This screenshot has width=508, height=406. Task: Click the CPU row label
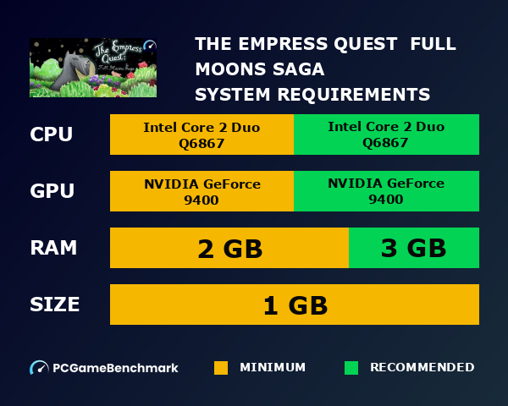[51, 134]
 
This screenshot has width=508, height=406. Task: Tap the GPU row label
[52, 191]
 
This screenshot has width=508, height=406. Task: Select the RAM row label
[53, 248]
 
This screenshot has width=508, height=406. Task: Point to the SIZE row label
[55, 304]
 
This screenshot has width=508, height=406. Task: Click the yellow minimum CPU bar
[202, 134]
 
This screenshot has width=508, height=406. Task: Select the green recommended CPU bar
[386, 134]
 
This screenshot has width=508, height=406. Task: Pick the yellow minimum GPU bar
[202, 191]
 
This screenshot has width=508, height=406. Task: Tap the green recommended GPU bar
[386, 191]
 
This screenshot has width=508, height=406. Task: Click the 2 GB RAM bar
[229, 248]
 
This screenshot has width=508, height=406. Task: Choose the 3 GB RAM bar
[414, 248]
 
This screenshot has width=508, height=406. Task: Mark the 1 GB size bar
[295, 304]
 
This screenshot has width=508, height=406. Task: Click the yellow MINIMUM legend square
[221, 368]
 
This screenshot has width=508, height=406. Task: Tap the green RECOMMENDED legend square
[351, 368]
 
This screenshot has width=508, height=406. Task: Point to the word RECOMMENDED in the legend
[422, 367]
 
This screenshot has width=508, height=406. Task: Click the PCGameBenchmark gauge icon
[39, 368]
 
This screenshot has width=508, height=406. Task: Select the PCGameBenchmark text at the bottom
[115, 368]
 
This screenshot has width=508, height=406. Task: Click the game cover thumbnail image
[93, 67]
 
